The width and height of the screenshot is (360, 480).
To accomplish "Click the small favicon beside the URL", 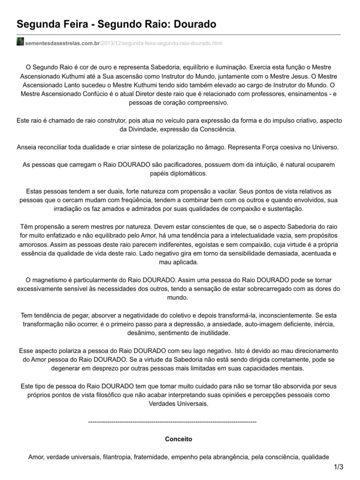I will pyautogui.click(x=20, y=43).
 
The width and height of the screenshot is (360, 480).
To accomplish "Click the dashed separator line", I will pyautogui.click(x=172, y=422).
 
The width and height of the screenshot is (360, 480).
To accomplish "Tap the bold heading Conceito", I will pyautogui.click(x=179, y=440).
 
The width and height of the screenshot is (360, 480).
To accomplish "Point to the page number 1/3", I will pyautogui.click(x=338, y=467).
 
